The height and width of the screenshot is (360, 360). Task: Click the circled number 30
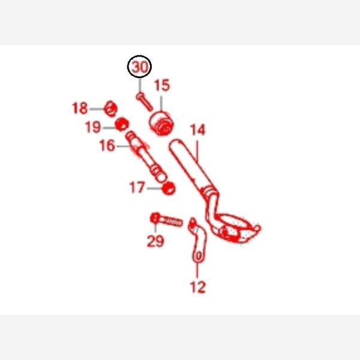(x=140, y=67)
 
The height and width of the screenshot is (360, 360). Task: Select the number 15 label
(x=162, y=85)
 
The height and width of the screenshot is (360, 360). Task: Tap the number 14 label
(x=197, y=130)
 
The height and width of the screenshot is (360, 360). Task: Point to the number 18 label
(x=80, y=108)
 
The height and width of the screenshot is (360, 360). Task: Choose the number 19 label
(x=93, y=127)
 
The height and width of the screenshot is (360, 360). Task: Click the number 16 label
(x=107, y=146)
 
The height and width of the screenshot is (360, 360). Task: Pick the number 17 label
(x=137, y=187)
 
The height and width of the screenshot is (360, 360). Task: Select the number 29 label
(x=155, y=241)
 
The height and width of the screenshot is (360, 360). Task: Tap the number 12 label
(x=198, y=287)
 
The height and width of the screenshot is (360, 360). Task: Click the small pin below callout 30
(x=145, y=102)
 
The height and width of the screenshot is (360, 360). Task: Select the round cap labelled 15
(x=161, y=123)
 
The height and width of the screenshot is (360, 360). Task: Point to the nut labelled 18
(x=110, y=109)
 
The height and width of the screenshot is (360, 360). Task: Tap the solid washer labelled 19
(x=122, y=125)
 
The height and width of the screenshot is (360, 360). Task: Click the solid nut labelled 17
(x=169, y=188)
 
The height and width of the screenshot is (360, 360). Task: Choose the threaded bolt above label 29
(x=166, y=220)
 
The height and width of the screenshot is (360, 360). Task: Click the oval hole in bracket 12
(x=199, y=256)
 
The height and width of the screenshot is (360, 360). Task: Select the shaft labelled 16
(x=146, y=157)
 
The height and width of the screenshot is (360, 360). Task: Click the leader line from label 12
(x=197, y=271)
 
